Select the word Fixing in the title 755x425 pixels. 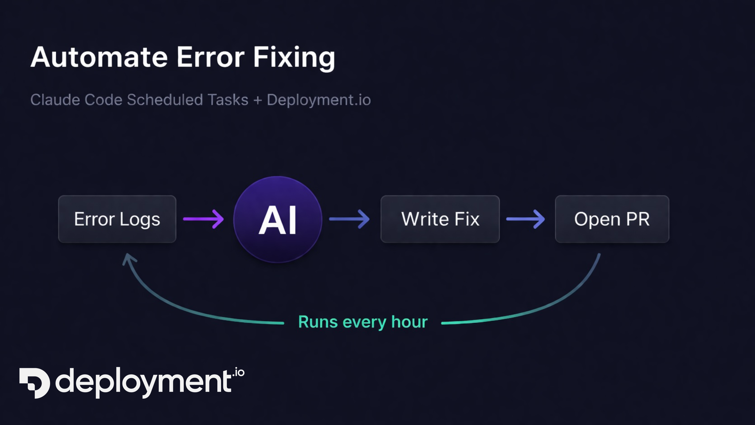point(294,57)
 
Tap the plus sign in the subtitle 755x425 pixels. point(258,100)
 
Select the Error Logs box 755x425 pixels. point(117,219)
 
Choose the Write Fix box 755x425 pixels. point(440,219)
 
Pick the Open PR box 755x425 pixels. point(612,219)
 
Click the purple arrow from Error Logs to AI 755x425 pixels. point(203,219)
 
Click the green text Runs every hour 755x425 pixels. point(363,322)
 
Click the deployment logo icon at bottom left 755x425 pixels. point(35,383)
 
